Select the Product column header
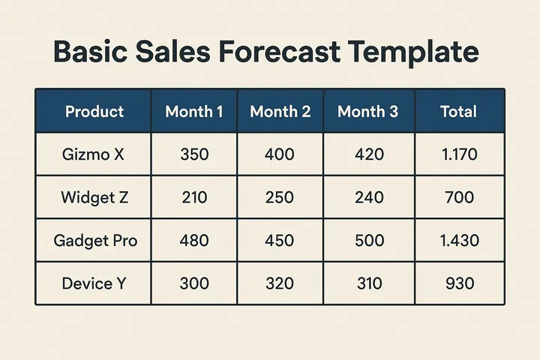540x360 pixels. point(94,112)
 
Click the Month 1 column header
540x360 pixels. point(194,112)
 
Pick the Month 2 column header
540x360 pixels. point(280,112)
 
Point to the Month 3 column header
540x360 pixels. point(367,112)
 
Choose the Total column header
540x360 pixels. point(458,112)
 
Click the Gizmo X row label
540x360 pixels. point(94,155)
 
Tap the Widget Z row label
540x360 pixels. point(94,198)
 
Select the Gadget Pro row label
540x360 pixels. point(95,241)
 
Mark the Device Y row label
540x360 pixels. point(94,283)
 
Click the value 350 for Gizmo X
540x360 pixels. point(194,155)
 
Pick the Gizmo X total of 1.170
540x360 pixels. point(458,155)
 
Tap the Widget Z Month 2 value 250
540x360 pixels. point(280,198)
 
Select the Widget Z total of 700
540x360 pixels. point(458,198)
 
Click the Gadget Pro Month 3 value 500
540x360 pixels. point(367,241)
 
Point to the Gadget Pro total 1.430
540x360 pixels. point(458,241)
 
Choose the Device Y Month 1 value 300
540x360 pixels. point(194,283)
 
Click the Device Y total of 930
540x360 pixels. point(458,283)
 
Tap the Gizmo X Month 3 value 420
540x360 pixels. point(367,155)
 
